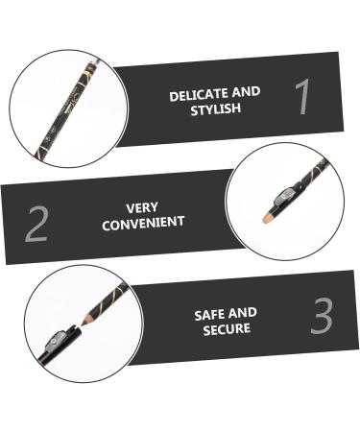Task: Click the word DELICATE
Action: [x=193, y=94]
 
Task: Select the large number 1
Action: [x=301, y=97]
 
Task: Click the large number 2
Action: [x=36, y=223]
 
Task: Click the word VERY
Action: [x=142, y=206]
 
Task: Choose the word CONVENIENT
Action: [x=142, y=222]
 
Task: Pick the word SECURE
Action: [x=226, y=327]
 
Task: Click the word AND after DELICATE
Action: [x=247, y=94]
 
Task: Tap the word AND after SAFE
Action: [x=244, y=312]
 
